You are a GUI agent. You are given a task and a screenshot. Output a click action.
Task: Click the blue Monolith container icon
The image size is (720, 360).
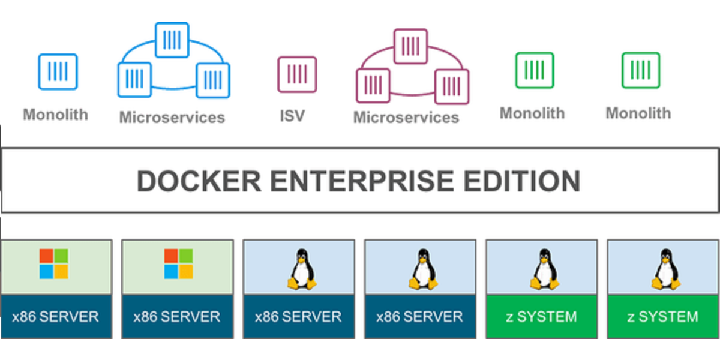[58, 71]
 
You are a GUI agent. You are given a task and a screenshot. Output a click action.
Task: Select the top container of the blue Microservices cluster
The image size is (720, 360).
[172, 40]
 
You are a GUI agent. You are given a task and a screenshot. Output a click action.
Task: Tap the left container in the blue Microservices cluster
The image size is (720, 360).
[134, 80]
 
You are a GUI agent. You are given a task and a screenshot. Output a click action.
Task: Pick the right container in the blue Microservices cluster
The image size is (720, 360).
[213, 80]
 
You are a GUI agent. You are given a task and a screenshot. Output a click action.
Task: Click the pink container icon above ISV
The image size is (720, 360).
[297, 74]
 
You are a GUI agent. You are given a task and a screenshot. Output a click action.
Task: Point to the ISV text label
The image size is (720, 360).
[292, 116]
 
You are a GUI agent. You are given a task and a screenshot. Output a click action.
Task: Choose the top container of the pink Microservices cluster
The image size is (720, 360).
[411, 46]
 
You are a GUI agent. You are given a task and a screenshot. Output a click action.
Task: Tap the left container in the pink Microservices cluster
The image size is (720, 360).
[373, 85]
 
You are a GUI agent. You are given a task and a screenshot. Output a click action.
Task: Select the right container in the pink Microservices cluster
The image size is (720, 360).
[452, 86]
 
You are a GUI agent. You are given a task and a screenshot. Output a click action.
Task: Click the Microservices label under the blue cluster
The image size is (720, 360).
[172, 118]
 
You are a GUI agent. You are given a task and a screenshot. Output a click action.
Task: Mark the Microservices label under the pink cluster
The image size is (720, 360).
[406, 118]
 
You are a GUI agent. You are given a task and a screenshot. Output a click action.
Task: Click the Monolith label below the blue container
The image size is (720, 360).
[56, 115]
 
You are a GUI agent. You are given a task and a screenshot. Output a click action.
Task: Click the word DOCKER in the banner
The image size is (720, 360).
[199, 181]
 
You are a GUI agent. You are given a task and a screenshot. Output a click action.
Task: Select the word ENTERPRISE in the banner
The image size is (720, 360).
[362, 181]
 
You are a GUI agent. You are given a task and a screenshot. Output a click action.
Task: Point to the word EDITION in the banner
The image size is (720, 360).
[521, 181]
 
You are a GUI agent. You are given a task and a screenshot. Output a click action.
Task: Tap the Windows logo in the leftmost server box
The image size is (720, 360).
[53, 263]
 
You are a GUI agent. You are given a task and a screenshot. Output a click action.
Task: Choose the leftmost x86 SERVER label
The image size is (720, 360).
[56, 317]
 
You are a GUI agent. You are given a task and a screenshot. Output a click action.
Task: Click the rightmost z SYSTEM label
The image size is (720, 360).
[663, 317]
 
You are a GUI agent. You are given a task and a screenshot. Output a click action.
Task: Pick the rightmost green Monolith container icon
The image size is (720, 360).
[641, 70]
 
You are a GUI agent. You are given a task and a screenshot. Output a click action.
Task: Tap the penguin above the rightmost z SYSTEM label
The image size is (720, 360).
[666, 269]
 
